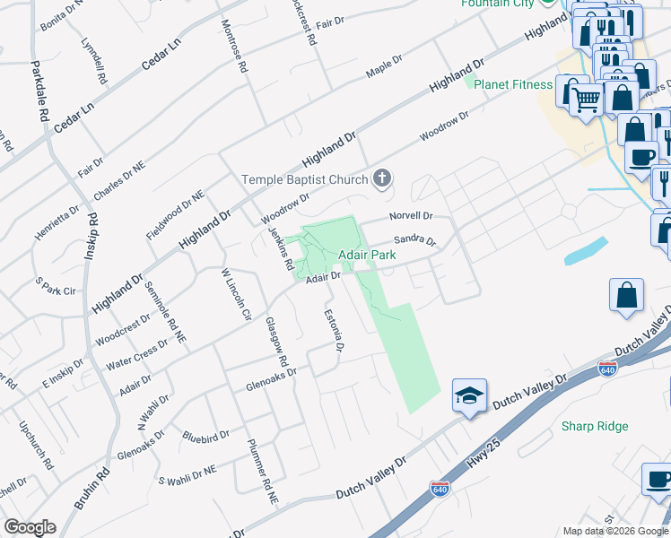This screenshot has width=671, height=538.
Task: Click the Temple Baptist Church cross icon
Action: tap(382, 179)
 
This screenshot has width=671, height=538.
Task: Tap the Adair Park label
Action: tap(368, 256)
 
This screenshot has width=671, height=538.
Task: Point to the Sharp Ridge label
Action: tap(595, 427)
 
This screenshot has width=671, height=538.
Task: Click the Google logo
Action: tap(30, 527)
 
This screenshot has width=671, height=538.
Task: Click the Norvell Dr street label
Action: tap(411, 216)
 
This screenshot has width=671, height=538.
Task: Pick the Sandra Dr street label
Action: tap(414, 240)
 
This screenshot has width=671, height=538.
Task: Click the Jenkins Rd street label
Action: tap(282, 248)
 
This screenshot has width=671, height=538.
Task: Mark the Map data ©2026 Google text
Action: tap(614, 531)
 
